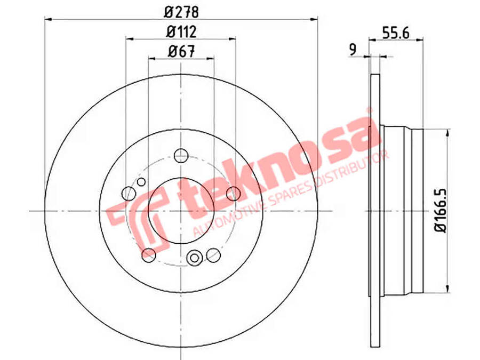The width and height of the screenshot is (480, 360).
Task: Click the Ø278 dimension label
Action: tap(181, 10)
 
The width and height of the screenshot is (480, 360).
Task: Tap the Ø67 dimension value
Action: tap(181, 51)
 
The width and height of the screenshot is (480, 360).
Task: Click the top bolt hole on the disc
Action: tap(181, 156)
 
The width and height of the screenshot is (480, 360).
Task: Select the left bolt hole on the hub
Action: tap(129, 193)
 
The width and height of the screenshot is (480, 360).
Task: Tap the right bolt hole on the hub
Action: tap(233, 194)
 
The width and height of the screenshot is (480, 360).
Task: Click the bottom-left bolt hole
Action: tap(149, 254)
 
